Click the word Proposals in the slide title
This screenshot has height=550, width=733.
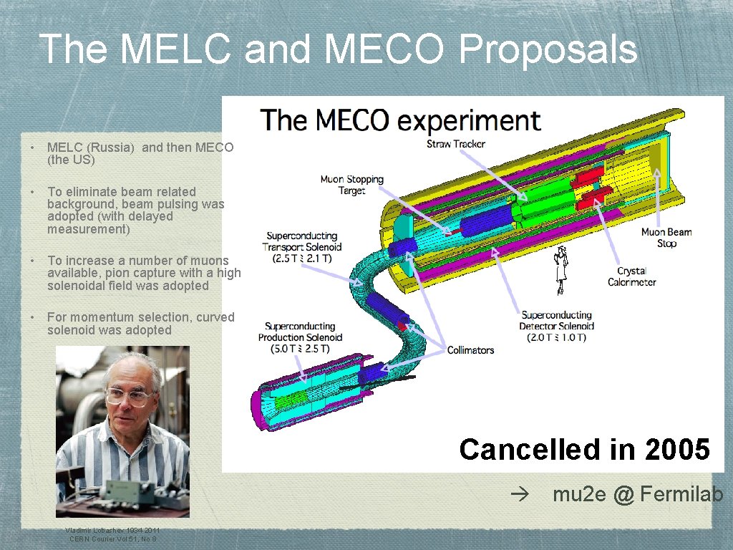pos(548,49)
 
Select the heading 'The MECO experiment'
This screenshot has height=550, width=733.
pos(400,120)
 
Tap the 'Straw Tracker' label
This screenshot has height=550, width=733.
pos(456,144)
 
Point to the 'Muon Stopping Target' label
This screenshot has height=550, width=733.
pos(351,185)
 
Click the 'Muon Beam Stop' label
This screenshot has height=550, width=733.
pos(666,238)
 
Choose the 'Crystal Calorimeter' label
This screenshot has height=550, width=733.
pos(631,276)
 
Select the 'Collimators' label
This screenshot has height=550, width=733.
pos(470,350)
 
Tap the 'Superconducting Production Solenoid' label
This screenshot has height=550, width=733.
pos(300,337)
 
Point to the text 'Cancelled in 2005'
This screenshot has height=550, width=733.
pos(584,450)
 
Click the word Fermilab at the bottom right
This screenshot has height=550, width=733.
pos(681,494)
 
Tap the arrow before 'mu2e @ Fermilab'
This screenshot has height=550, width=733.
pos(518,495)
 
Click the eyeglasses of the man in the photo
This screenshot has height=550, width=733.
pos(129,395)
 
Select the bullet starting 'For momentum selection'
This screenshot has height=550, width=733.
pos(140,324)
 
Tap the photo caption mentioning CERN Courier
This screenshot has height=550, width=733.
pos(112,534)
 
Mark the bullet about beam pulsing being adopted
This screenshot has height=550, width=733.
pos(136,211)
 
